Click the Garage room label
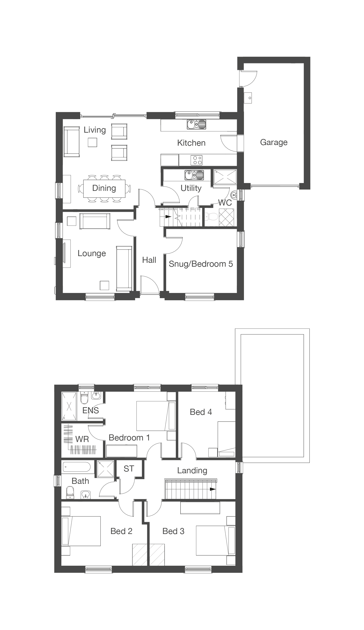coord(274,142)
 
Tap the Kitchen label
coord(191,143)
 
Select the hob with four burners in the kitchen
coord(197,160)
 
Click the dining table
coord(104,188)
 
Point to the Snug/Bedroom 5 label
coord(201,264)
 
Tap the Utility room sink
coord(194,175)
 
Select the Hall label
coord(149,260)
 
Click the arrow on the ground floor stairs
coord(168,217)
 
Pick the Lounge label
coord(92,253)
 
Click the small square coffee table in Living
coord(92,143)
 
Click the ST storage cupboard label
coord(129,469)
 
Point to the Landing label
coord(192,471)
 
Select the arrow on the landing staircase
coord(212,489)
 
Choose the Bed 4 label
coord(201,412)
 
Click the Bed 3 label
coord(173,531)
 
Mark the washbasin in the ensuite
coord(96,396)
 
